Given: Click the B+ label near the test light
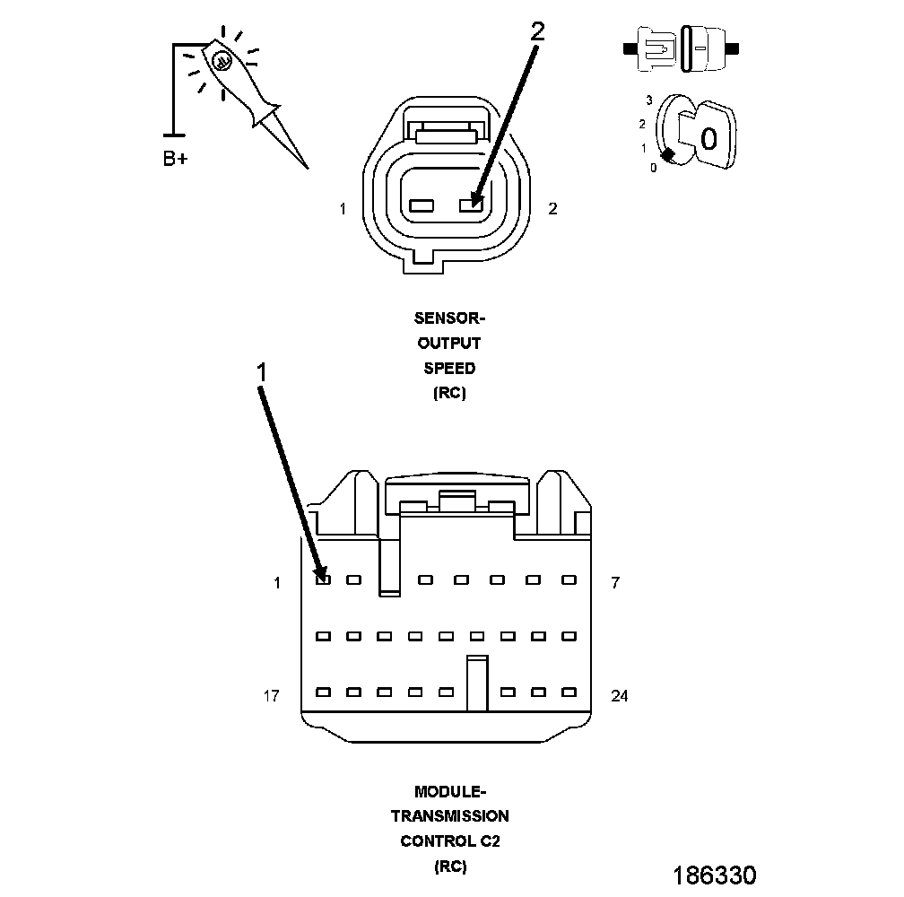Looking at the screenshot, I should (176, 160).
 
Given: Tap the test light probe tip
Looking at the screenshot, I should (305, 165).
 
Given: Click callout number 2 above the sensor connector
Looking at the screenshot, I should (536, 31).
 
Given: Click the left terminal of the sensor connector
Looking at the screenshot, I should (421, 205).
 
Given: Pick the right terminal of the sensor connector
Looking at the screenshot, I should (471, 205).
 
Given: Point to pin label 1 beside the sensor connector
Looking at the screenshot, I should (342, 209).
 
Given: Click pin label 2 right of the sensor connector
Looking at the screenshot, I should (552, 209).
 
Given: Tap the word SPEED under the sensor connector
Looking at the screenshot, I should (449, 368).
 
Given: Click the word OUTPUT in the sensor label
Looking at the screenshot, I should (449, 343).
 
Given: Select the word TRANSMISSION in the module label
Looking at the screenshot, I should (449, 816).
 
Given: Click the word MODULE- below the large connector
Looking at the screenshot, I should (449, 792).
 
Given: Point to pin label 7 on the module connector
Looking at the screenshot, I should (614, 583).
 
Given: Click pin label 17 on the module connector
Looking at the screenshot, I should (271, 695).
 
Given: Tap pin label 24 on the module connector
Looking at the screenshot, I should (619, 695).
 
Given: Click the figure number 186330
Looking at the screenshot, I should (715, 875).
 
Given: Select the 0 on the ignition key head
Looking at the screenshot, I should (708, 139).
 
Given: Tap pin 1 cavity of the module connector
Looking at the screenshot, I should (324, 579).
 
